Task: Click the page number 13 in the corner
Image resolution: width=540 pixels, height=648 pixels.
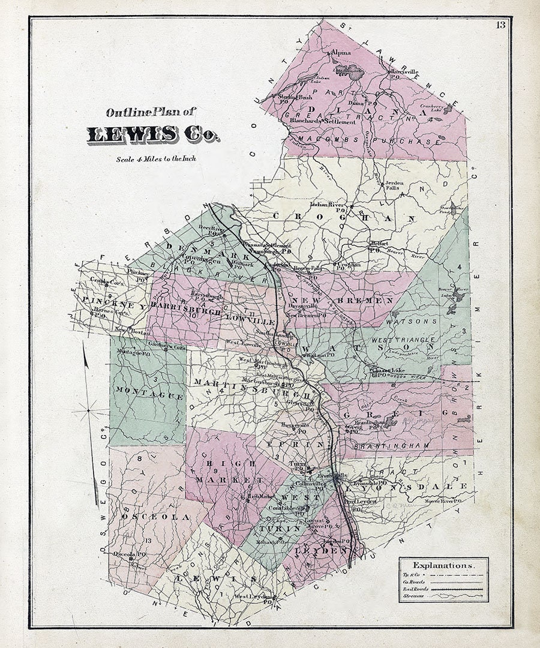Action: pos(500,25)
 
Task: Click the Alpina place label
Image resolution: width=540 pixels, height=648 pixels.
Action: pos(341,53)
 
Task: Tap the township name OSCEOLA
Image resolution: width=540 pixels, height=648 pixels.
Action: pos(155,517)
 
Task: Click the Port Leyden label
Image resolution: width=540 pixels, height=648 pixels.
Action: pos(364,503)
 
